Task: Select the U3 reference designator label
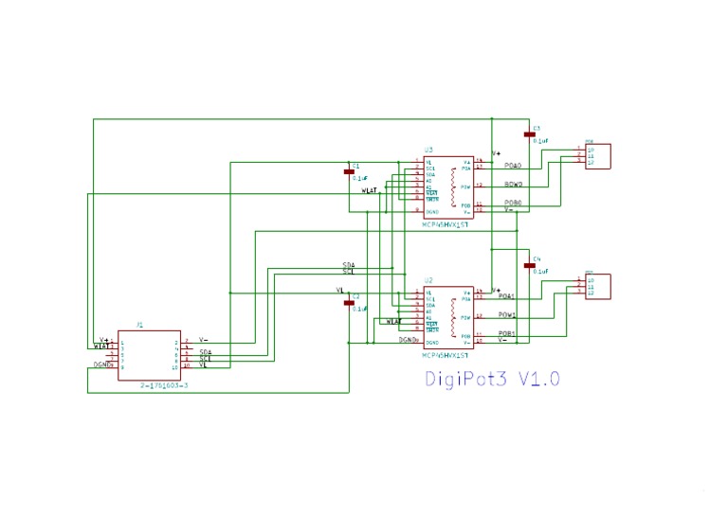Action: [428, 151]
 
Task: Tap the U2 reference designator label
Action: [428, 280]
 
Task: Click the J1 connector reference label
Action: [139, 325]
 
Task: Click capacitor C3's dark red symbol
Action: [529, 134]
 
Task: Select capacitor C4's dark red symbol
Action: [529, 265]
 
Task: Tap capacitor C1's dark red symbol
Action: [348, 172]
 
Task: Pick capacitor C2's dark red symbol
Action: [348, 303]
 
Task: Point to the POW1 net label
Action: [507, 314]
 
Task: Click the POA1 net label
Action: [507, 296]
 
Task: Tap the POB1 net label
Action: [507, 333]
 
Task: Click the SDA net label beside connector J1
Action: [205, 352]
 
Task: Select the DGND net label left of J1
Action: [102, 364]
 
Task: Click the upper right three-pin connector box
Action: [598, 156]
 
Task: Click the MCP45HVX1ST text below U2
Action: [447, 355]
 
